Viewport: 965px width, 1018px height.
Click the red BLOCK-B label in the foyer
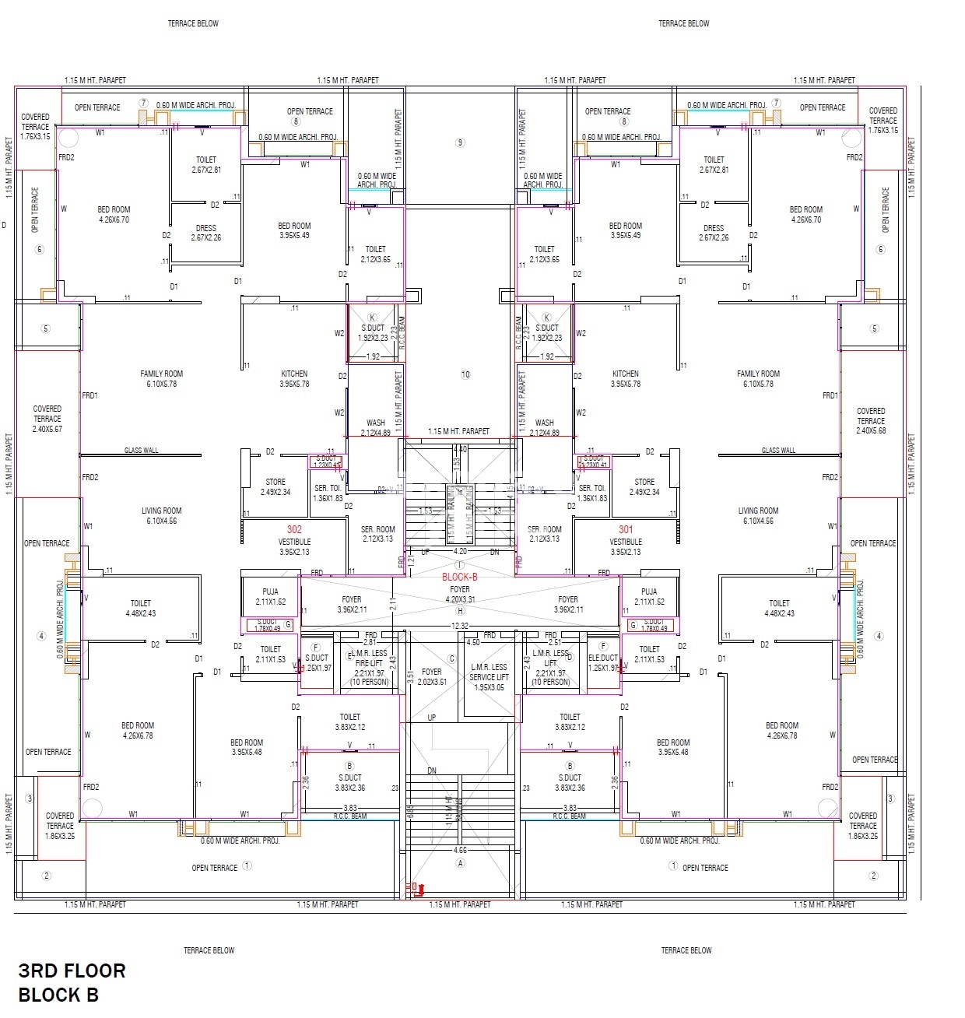459,577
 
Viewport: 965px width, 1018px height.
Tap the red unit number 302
294,529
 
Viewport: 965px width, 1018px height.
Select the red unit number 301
626,529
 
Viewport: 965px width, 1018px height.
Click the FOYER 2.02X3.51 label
432,677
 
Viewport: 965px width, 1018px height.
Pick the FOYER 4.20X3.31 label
460,595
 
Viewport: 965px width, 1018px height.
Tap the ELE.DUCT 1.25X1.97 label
603,662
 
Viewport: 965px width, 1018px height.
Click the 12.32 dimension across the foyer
460,626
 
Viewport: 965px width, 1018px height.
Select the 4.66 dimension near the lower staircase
461,851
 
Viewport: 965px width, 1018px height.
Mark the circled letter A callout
461,863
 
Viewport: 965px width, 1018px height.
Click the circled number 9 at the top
460,142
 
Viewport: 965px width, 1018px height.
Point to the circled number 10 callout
465,374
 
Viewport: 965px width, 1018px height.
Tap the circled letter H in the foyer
460,611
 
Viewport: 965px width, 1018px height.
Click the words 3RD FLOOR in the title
72,971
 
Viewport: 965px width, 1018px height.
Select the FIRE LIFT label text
369,663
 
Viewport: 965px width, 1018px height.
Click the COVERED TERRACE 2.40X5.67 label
47,419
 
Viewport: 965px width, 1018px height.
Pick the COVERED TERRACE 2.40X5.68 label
871,420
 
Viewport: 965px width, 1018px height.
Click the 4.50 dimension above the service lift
472,643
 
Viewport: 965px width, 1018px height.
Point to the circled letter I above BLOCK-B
460,566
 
